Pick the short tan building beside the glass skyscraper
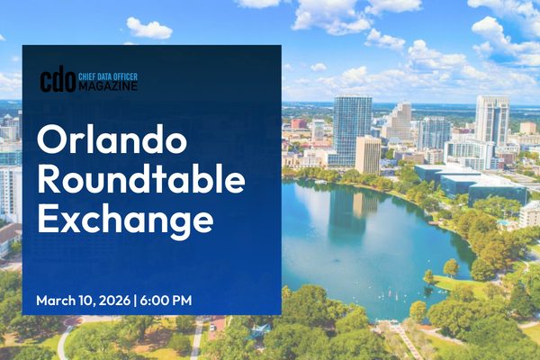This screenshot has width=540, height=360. [x=367, y=155]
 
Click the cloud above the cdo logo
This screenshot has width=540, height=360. [x=148, y=29]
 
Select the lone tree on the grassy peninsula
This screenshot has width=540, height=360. [x=449, y=268]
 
